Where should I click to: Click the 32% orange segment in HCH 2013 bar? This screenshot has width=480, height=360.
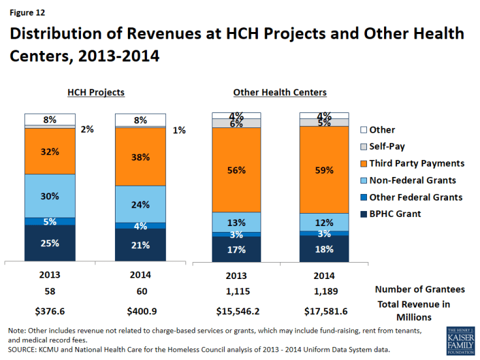coord(50,151)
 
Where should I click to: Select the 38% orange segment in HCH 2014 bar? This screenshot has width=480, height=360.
coord(140,157)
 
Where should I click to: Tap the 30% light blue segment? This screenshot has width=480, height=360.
coord(50,195)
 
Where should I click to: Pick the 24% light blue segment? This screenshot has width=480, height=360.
coord(140,204)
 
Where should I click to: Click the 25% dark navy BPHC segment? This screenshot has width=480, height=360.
coord(50,243)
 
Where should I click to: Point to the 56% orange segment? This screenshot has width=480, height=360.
coord(236,170)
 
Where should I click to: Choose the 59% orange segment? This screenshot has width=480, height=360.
coord(324,170)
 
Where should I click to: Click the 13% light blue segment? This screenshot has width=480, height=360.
coord(236,222)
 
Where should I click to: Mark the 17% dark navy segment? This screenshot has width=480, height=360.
coord(236,249)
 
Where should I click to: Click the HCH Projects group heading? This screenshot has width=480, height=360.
coord(96,92)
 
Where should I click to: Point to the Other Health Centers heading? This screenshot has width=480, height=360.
coord(280,92)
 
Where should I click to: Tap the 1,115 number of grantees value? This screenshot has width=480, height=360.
coord(236,289)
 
